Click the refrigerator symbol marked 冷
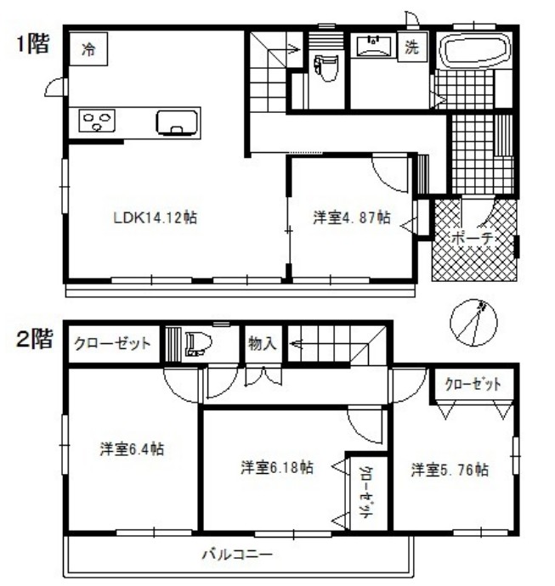click(x=88, y=49)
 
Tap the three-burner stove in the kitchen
click(x=97, y=121)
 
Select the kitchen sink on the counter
click(x=177, y=122)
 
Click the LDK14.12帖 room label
click(x=156, y=218)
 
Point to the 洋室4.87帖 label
click(x=351, y=218)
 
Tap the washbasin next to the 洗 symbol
click(x=372, y=46)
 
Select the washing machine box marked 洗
click(x=412, y=48)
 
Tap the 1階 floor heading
click(x=32, y=45)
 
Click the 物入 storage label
click(x=262, y=343)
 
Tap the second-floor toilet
click(x=197, y=344)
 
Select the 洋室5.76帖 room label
click(x=450, y=469)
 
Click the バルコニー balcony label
click(x=237, y=555)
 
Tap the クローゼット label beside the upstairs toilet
click(x=112, y=344)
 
